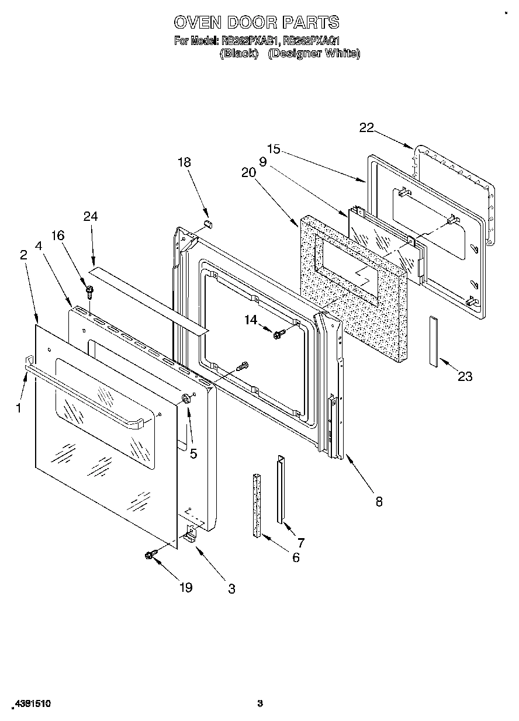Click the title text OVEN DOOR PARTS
[x=256, y=22]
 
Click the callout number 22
[x=366, y=129]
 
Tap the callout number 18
[x=184, y=162]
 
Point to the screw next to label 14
[x=278, y=334]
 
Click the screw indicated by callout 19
[x=150, y=555]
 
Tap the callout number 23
[x=465, y=377]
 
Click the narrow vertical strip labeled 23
[x=433, y=341]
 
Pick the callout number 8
[x=379, y=501]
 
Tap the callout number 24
[x=91, y=216]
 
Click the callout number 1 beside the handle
[x=19, y=408]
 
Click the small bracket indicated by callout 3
[x=191, y=534]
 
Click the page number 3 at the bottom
[x=261, y=703]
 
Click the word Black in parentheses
[x=239, y=53]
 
